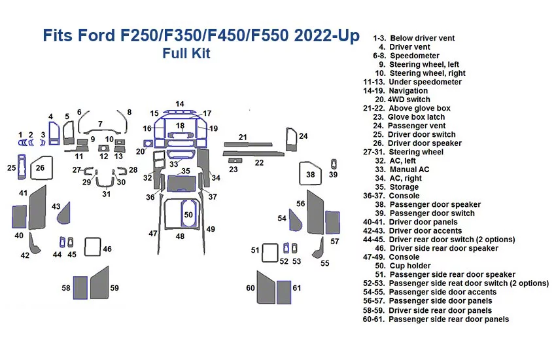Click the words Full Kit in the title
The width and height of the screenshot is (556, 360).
tap(186, 54)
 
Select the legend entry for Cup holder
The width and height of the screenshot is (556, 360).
tap(410, 266)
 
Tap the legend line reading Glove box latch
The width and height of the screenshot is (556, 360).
tap(416, 117)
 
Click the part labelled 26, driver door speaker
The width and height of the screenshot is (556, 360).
tap(41, 168)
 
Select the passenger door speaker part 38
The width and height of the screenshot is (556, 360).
tap(310, 175)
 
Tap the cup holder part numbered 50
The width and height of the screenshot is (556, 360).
tap(188, 215)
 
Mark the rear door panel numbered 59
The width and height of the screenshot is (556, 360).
tap(99, 286)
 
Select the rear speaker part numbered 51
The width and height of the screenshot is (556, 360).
tap(270, 252)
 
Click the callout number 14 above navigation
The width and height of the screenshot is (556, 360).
tap(179, 103)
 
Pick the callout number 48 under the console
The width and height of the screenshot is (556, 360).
tap(179, 236)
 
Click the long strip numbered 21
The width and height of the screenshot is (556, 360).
tap(251, 143)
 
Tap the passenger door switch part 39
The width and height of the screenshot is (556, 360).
tap(334, 164)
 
